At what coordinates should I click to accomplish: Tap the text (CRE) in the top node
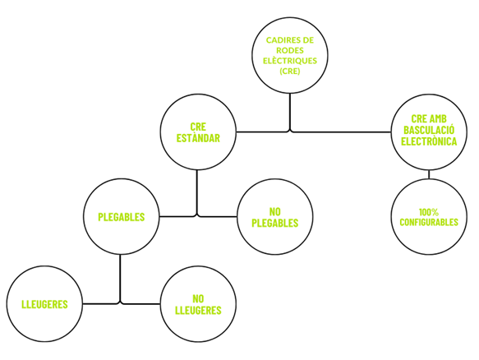[289, 71]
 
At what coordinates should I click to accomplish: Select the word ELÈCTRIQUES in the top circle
[290, 61]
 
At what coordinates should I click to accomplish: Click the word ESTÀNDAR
[198, 138]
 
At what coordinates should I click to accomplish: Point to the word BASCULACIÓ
[429, 130]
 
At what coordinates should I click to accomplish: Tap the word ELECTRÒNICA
[429, 141]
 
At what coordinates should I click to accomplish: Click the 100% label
[429, 212]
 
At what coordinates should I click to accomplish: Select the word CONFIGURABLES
[429, 222]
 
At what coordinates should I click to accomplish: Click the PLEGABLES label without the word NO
[122, 217]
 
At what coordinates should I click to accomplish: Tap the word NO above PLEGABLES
[275, 211]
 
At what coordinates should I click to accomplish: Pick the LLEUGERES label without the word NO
[44, 304]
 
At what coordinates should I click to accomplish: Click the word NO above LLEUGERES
[198, 298]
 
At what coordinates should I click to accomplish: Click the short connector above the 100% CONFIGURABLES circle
[429, 174]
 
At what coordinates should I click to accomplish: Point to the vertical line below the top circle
[289, 112]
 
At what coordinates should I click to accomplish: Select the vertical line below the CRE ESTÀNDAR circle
[196, 192]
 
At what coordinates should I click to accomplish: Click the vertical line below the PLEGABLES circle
[120, 279]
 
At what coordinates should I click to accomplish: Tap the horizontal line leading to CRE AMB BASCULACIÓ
[342, 132]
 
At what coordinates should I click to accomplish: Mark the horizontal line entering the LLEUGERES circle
[100, 304]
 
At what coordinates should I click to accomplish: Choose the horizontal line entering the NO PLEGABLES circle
[218, 217]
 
